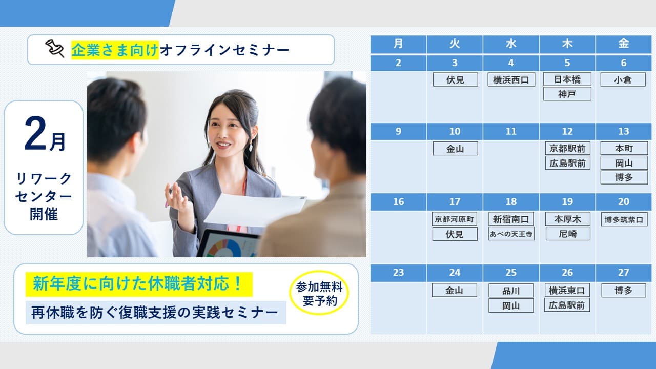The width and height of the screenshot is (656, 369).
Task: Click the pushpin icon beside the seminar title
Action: coord(54,49)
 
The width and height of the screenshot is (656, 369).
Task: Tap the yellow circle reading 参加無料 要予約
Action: coord(319,293)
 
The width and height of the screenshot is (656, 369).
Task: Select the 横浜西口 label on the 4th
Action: coord(511,79)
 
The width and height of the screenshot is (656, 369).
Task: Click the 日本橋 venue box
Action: coord(567,79)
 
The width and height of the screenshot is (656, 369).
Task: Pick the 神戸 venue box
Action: coord(567,94)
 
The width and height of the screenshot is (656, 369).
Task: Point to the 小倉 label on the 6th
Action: coord(623,79)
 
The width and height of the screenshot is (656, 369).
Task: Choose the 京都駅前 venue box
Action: coord(567,149)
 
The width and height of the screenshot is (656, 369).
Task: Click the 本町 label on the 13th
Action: coord(624,149)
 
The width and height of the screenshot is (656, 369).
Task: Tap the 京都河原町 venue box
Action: coord(455,219)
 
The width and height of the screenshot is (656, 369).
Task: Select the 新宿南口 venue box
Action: coord(511,219)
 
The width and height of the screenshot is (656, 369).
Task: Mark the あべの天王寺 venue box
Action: coord(511,234)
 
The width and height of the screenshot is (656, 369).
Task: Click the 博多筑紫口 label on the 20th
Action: coord(624,219)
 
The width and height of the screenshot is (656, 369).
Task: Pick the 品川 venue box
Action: coord(511,291)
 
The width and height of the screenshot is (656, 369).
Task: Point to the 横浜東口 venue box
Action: coord(567,291)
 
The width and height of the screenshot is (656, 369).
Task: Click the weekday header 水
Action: coord(511,44)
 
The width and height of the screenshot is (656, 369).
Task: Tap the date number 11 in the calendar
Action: coord(511,131)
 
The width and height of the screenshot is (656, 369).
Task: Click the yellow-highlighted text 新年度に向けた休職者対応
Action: coord(139,284)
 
